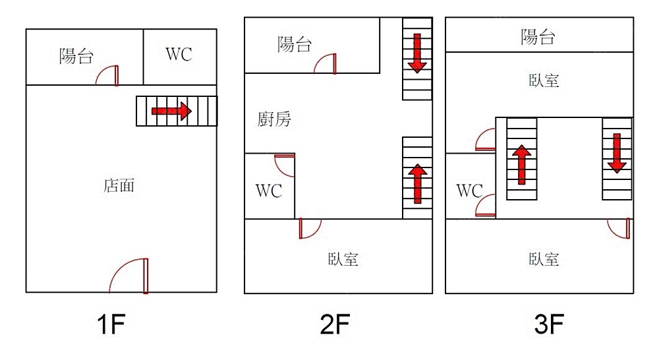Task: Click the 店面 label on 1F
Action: click(x=119, y=186)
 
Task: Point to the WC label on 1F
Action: click(x=179, y=54)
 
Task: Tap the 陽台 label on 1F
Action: click(x=76, y=56)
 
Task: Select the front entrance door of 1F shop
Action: click(x=130, y=276)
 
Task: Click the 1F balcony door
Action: click(x=108, y=75)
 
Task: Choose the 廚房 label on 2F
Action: click(x=273, y=119)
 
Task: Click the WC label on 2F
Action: click(x=269, y=191)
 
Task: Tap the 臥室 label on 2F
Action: click(x=343, y=258)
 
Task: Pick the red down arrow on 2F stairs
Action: click(x=416, y=52)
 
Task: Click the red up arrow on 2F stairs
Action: click(x=416, y=184)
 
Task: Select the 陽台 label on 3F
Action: click(x=538, y=37)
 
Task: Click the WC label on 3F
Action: click(x=469, y=191)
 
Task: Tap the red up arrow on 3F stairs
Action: click(x=521, y=164)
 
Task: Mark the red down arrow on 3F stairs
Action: click(x=617, y=152)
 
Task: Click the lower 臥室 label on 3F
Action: click(x=544, y=258)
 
